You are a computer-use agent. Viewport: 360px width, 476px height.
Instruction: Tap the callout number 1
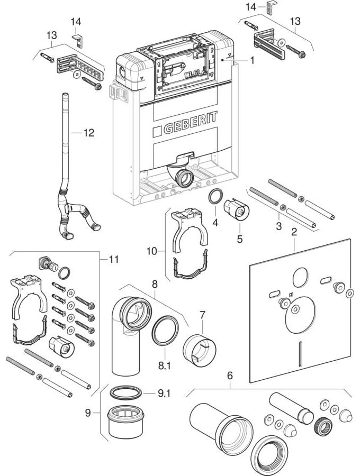pyautogui.click(x=253, y=61)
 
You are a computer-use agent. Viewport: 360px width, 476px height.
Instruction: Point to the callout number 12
pyautogui.click(x=88, y=133)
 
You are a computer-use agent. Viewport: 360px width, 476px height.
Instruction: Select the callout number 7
pyautogui.click(x=202, y=316)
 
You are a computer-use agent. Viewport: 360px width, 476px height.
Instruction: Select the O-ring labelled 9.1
pyautogui.click(x=127, y=392)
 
